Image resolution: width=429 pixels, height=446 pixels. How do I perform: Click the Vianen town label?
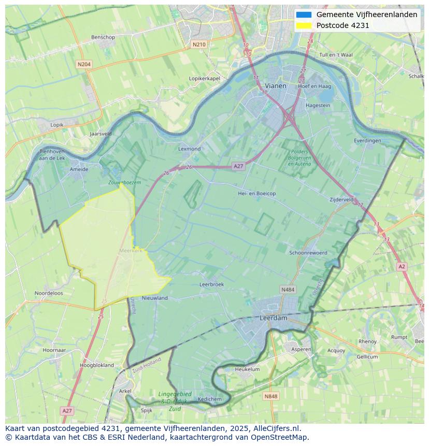coord(275,85)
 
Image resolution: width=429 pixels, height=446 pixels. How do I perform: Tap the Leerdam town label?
coord(273,318)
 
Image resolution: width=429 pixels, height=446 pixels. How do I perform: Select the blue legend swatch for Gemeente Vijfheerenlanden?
coord(304,15)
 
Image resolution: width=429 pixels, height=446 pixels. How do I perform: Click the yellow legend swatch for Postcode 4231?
coord(304,25)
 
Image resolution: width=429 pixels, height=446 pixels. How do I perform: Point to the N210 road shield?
coord(198,45)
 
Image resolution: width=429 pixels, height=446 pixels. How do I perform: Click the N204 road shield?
coord(83,64)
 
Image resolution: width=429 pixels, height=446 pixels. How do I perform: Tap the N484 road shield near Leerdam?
coord(288,290)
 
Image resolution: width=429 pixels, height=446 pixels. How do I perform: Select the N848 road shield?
coord(270,396)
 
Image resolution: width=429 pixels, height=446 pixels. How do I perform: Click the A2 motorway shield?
coord(402,266)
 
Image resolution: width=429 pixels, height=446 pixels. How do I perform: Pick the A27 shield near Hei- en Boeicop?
coord(238,166)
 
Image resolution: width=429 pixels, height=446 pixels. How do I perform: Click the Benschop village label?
coord(103,37)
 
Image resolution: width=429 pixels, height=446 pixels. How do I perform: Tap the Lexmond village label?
coord(189,149)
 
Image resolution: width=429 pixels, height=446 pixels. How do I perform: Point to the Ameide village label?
coord(79,169)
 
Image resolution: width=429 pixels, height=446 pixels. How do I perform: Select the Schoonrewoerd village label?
coord(308,253)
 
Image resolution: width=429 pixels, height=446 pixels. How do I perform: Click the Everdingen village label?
coord(367,140)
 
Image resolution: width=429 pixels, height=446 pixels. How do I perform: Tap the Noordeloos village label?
coord(49,293)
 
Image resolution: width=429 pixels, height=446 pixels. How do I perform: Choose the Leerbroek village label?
coord(211,284)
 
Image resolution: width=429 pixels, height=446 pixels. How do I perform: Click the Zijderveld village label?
coord(341,199)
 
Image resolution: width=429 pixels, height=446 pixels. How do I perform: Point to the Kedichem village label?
coord(210,399)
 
